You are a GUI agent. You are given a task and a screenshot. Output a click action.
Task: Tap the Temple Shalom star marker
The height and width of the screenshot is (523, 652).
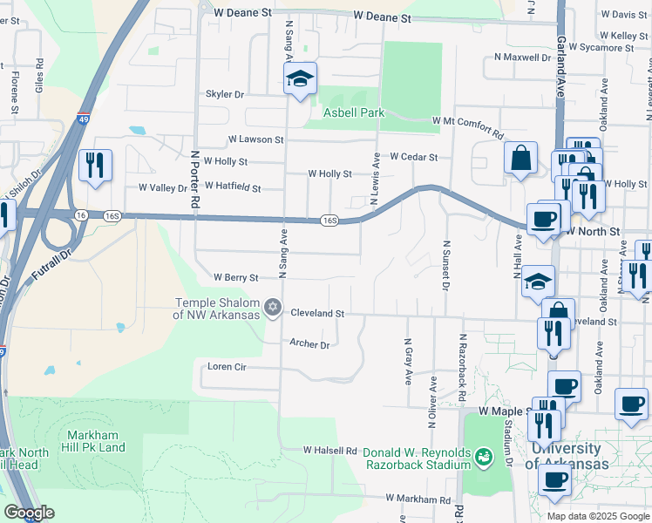273,307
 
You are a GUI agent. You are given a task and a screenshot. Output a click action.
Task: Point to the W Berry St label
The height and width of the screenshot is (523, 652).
237,278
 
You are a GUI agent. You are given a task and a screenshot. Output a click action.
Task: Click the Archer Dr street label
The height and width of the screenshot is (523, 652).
309,345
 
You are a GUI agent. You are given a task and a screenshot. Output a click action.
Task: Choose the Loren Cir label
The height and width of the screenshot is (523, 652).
228,367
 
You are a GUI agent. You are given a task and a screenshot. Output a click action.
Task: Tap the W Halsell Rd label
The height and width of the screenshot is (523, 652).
330,451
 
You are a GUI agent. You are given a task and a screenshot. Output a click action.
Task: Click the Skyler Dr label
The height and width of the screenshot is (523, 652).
225,94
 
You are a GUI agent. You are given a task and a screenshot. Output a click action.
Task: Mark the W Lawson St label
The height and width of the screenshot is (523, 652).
255,139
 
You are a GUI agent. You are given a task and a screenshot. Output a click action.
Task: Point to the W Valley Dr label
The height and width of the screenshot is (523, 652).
157,187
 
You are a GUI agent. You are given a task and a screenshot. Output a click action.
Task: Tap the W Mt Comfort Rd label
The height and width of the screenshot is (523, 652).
468,129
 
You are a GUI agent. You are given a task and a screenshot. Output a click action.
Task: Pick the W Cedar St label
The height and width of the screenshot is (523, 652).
413,157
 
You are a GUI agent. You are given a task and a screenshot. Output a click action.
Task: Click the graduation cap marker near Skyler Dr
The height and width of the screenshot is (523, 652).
300,79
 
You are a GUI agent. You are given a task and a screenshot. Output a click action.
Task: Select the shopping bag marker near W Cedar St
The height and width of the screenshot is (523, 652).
520,158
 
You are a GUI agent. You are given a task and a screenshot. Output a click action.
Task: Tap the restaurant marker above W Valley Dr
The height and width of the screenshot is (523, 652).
95,164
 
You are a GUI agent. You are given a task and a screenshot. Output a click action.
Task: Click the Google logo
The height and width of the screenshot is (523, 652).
28,513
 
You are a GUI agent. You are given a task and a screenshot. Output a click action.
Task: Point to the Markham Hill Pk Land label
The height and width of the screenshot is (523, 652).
96,441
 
